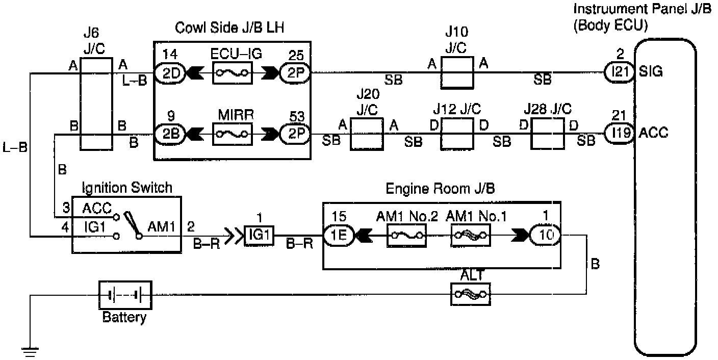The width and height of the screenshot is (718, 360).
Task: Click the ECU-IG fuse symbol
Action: [x=232, y=73]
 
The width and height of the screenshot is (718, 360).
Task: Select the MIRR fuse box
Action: [x=232, y=135]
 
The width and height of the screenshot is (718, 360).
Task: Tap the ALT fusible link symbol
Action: [x=470, y=294]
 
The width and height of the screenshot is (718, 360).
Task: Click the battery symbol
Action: [x=124, y=294]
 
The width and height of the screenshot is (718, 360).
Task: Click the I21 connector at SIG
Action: [x=619, y=72]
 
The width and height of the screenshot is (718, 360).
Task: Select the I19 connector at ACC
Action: [x=619, y=134]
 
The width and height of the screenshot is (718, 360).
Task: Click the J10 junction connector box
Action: [x=456, y=73]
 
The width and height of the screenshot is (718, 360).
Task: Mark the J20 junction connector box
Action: [x=366, y=135]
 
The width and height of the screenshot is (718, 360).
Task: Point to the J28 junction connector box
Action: [x=548, y=135]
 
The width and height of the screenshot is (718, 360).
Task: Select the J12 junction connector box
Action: [x=457, y=135]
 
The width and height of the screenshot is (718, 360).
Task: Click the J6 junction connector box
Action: [x=96, y=104]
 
